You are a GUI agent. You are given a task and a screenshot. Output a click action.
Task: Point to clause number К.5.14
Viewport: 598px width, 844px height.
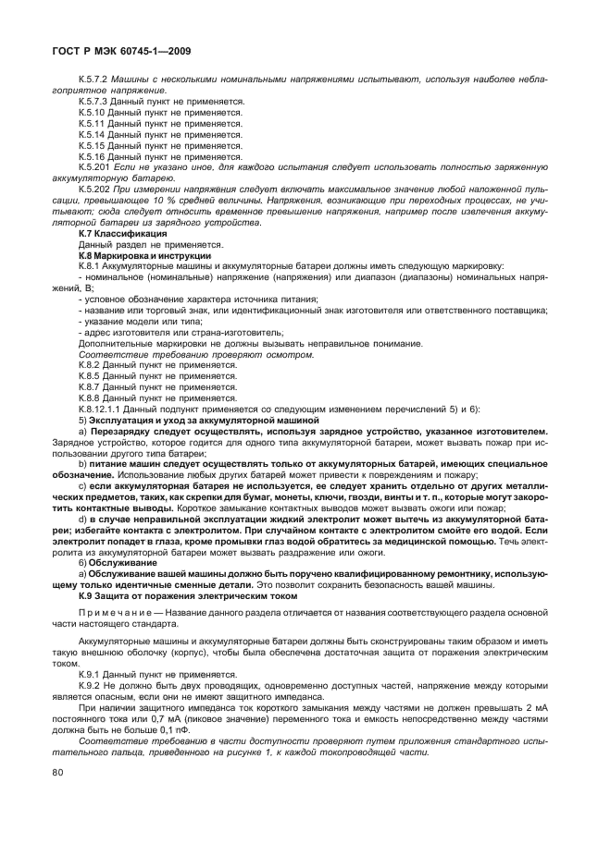point(93,135)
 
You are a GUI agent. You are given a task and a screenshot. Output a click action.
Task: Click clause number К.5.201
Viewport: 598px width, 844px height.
point(95,167)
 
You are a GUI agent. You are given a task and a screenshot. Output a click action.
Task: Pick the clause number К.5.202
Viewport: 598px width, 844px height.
point(95,189)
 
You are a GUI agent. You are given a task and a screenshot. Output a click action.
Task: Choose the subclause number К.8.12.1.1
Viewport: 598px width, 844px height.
point(100,409)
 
